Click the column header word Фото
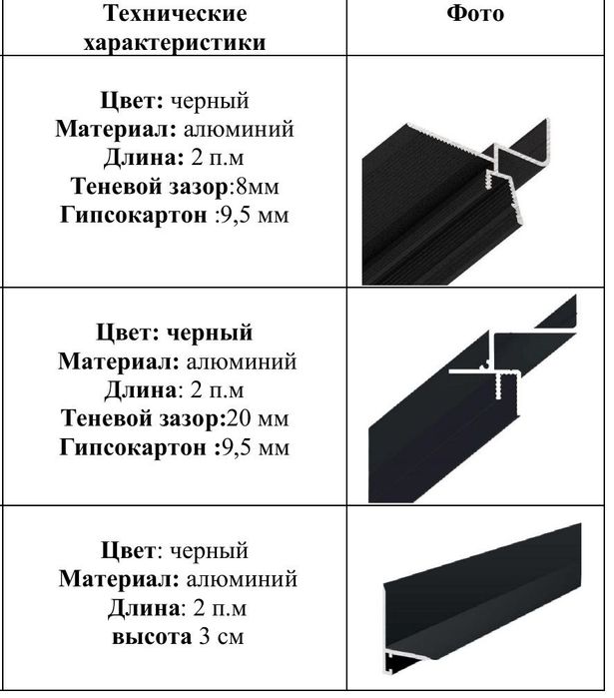tap(475, 14)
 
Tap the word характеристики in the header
tap(175, 43)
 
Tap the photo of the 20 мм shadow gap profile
tap(474, 399)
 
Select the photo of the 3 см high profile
tap(480, 594)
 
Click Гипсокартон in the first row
tap(131, 215)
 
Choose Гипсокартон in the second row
tap(133, 447)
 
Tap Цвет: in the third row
tap(130, 550)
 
